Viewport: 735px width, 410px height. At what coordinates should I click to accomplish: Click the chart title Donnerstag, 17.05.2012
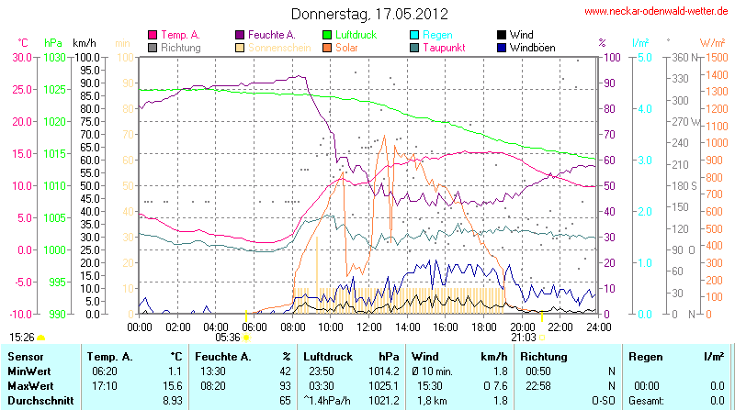[x=370, y=14]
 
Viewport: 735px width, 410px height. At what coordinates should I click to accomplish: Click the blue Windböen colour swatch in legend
[x=501, y=47]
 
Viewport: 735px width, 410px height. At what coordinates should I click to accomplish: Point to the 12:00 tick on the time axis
[x=369, y=327]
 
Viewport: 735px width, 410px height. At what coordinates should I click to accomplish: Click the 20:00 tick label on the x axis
[x=523, y=327]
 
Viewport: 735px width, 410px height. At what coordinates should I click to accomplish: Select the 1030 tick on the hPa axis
[x=55, y=57]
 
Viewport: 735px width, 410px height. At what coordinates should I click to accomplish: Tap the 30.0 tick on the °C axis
[x=21, y=57]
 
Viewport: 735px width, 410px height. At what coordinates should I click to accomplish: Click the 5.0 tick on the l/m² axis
[x=644, y=57]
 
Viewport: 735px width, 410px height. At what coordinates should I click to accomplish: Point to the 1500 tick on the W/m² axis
[x=713, y=57]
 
